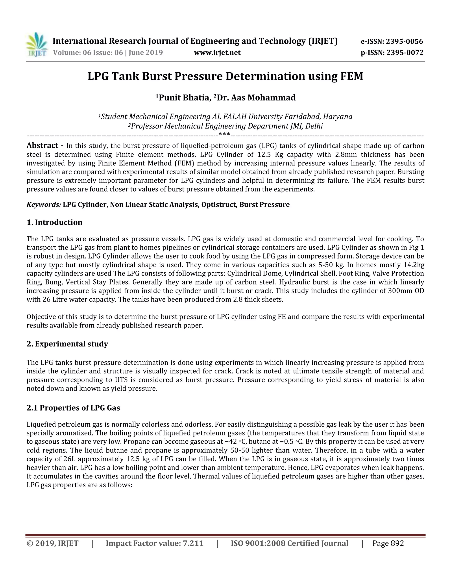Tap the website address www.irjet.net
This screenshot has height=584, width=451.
pyautogui.click(x=217, y=53)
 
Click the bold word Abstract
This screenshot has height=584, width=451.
pyautogui.click(x=42, y=145)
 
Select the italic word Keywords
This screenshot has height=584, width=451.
pyautogui.click(x=44, y=205)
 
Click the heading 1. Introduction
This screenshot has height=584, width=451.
pyautogui.click(x=55, y=223)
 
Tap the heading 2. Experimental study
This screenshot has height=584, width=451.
pyautogui.click(x=67, y=344)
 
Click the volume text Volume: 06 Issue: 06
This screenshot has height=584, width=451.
pyautogui.click(x=88, y=53)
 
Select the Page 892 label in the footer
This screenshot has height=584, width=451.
pyautogui.click(x=388, y=544)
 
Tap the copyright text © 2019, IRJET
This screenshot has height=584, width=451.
pyautogui.click(x=52, y=544)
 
